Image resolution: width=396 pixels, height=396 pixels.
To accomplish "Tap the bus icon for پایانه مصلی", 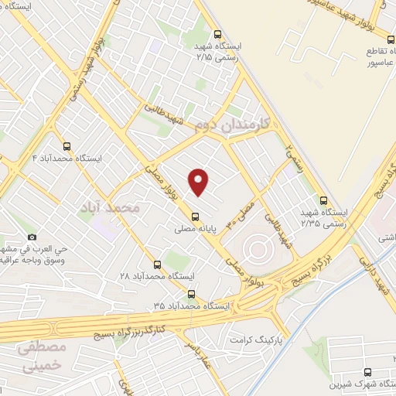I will point(194,215).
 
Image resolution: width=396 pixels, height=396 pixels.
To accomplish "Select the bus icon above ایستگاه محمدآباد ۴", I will point(66,145).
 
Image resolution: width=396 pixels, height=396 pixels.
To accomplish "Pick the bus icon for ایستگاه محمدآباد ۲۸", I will point(158,264).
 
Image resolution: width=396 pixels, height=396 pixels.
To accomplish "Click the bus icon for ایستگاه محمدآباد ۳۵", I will point(191,294).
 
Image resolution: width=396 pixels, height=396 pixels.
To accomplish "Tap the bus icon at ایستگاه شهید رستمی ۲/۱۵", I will point(217,34).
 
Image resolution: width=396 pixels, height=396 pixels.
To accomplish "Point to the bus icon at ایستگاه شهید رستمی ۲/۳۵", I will point(323,199).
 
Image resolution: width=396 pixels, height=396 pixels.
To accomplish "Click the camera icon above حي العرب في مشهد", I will point(32,237).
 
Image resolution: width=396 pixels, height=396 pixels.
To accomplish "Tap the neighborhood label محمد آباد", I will point(113,208).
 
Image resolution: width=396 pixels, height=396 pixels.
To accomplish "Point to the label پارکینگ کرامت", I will point(258,340).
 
